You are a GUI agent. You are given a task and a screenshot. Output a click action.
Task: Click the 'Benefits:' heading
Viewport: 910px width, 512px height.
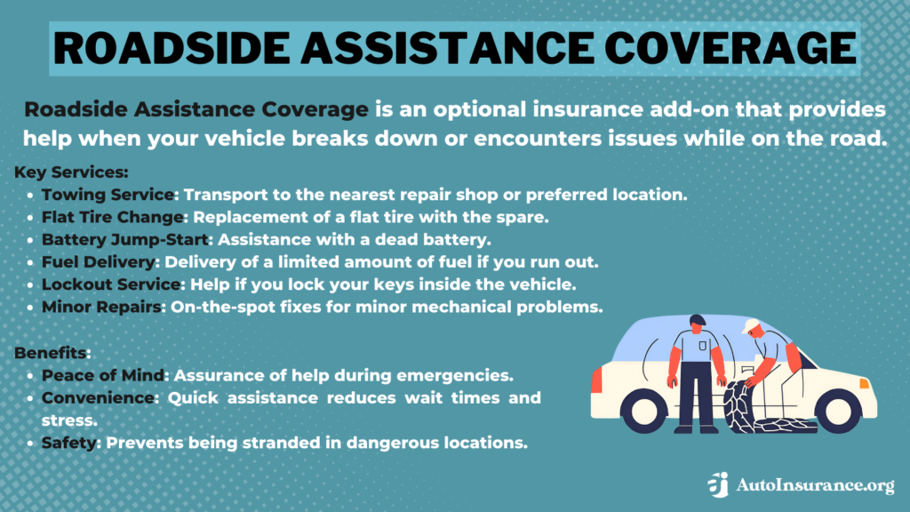tap(52, 353)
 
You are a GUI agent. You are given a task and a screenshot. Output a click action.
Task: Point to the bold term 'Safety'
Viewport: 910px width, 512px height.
tap(68, 441)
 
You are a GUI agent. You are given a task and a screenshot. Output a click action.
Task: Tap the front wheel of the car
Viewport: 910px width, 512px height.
tap(838, 409)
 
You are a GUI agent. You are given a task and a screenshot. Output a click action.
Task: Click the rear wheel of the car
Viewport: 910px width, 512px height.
tap(644, 409)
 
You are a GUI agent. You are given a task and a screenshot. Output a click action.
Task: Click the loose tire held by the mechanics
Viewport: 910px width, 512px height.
tap(737, 409)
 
